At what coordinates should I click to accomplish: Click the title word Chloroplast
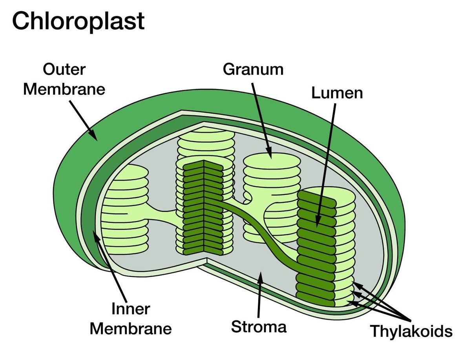point(78,22)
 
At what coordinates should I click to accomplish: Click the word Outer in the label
point(64,70)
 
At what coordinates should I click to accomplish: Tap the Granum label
point(253,69)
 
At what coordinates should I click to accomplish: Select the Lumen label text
point(337,93)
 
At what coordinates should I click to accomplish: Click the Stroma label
point(259,326)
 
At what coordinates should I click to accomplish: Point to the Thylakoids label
point(411,331)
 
